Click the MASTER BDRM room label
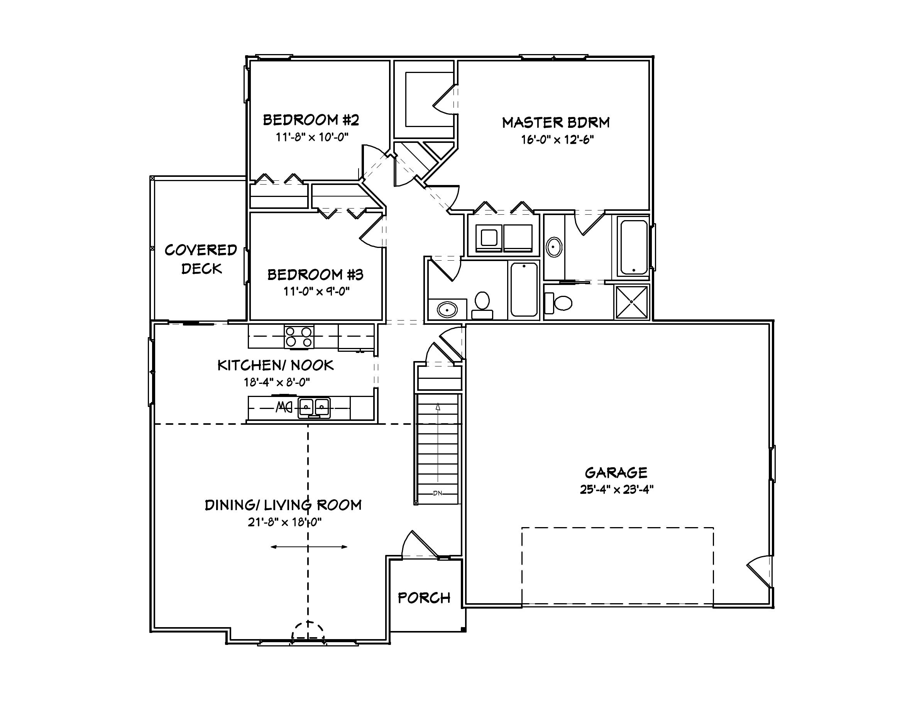tap(556, 123)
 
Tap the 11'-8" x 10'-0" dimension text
tap(312, 137)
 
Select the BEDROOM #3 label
tap(315, 275)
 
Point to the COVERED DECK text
tap(201, 259)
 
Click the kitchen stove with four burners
tap(299, 337)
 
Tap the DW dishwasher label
tap(284, 407)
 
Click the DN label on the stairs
tap(438, 493)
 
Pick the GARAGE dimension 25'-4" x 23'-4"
tap(616, 490)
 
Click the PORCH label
tap(424, 598)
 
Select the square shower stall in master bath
tap(631, 302)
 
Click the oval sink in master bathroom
tap(554, 247)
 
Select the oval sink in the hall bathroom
tap(447, 310)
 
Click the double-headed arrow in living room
tap(309, 547)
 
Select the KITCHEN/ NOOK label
tap(276, 365)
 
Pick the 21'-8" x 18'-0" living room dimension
tap(284, 522)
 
